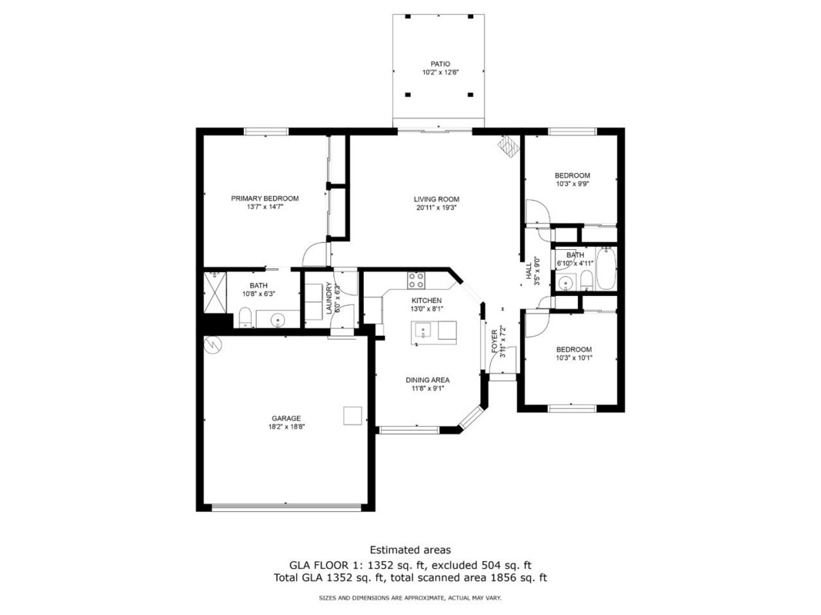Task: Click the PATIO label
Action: click(x=440, y=65)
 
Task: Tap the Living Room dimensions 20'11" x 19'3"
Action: click(x=437, y=208)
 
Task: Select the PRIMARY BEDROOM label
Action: click(x=265, y=199)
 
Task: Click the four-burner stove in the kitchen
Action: click(x=417, y=280)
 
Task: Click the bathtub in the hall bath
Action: click(x=606, y=268)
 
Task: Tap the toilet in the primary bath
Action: click(x=245, y=318)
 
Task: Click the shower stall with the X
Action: click(x=215, y=292)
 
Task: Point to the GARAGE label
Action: click(x=286, y=418)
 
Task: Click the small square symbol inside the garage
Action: click(x=352, y=416)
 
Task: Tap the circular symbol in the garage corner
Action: click(x=214, y=344)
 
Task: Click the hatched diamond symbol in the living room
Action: click(x=508, y=146)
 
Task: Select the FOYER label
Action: click(x=495, y=341)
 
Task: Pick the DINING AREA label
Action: click(x=428, y=381)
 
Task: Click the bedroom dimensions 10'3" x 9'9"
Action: click(x=572, y=184)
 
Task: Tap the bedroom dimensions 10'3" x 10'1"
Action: click(x=574, y=358)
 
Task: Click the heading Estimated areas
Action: click(x=411, y=550)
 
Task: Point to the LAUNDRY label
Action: click(x=329, y=298)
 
